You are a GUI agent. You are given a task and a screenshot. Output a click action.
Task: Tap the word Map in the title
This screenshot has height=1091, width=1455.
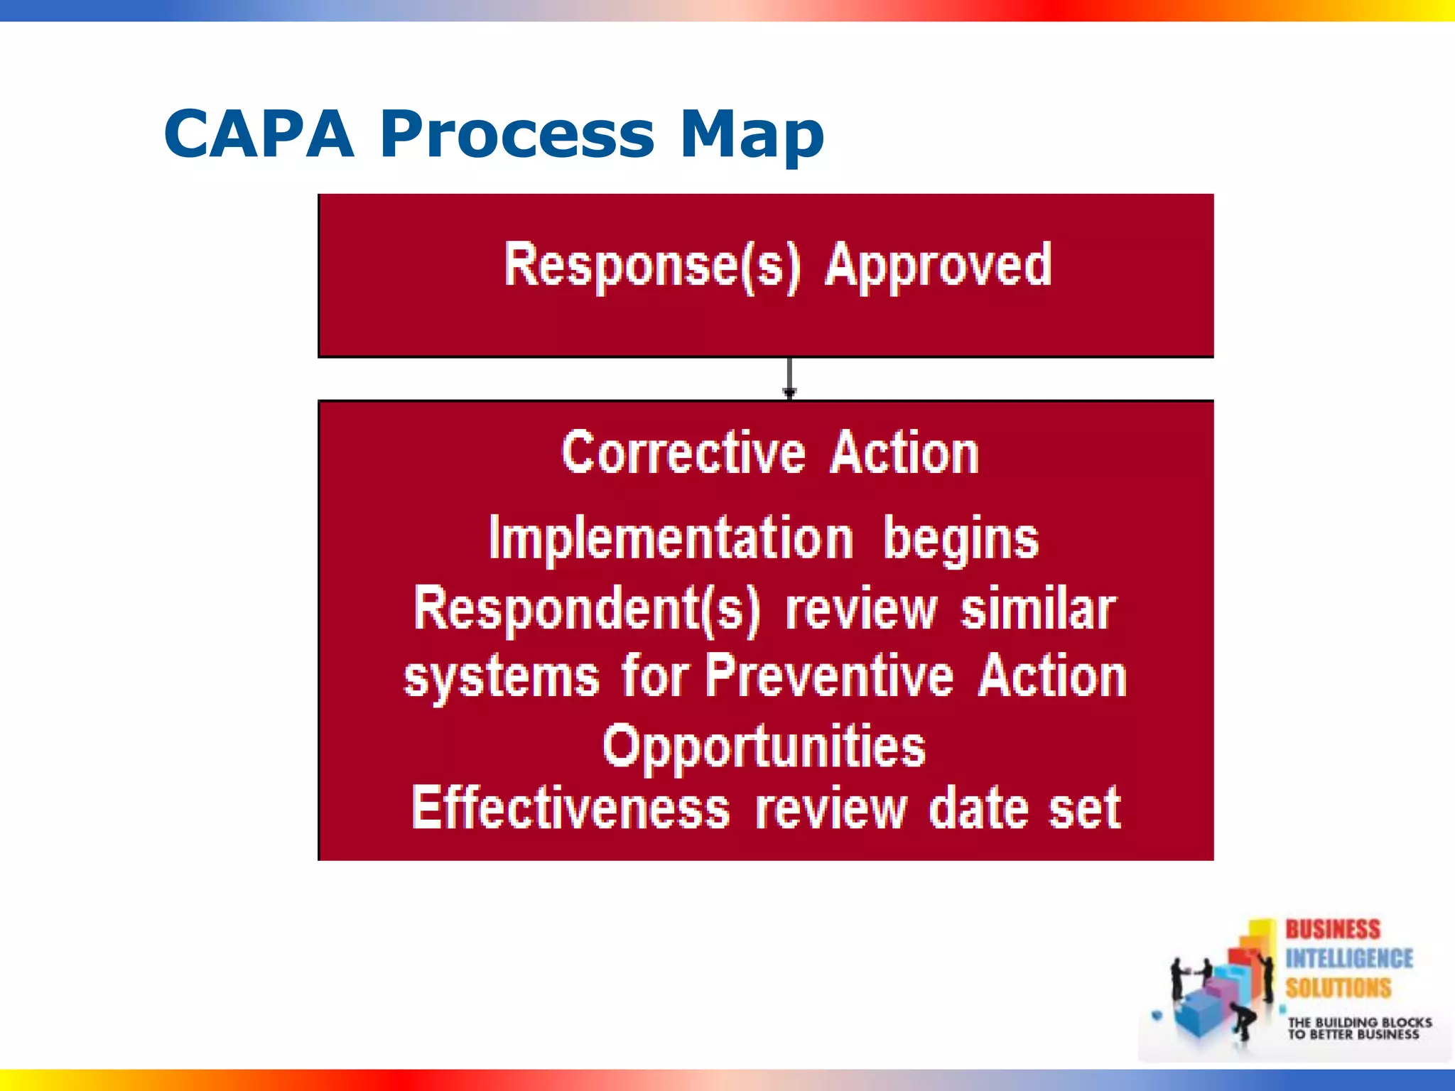pyautogui.click(x=751, y=135)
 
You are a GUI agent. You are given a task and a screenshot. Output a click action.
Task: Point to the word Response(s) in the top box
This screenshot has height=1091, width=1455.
pyautogui.click(x=651, y=266)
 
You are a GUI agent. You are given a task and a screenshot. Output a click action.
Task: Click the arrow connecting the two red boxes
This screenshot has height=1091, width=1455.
pyautogui.click(x=789, y=379)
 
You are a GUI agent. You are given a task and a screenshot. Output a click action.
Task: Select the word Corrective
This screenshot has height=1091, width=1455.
pyautogui.click(x=683, y=453)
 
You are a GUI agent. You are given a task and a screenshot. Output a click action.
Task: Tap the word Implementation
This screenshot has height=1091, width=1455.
pyautogui.click(x=671, y=538)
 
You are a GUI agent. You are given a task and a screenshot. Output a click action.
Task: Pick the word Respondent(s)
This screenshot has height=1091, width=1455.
pyautogui.click(x=586, y=609)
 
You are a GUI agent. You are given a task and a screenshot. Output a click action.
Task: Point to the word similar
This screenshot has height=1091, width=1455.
pyautogui.click(x=1037, y=609)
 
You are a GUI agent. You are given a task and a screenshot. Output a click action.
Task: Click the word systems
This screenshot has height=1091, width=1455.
pyautogui.click(x=502, y=676)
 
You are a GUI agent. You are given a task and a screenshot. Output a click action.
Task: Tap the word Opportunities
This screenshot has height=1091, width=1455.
pyautogui.click(x=764, y=747)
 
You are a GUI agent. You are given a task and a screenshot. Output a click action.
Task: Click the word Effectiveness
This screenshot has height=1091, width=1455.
pyautogui.click(x=570, y=808)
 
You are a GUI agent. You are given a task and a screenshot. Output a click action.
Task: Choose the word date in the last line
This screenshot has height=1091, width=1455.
pyautogui.click(x=979, y=808)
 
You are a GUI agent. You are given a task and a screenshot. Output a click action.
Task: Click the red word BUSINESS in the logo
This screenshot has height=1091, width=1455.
pyautogui.click(x=1332, y=929)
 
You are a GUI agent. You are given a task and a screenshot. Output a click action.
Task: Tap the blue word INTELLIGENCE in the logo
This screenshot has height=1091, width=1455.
pyautogui.click(x=1348, y=958)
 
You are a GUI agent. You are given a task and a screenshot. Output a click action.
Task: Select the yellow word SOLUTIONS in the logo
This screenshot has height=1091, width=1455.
pyautogui.click(x=1338, y=987)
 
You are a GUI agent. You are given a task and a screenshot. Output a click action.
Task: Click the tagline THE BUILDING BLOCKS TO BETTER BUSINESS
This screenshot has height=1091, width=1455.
pyautogui.click(x=1358, y=1028)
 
